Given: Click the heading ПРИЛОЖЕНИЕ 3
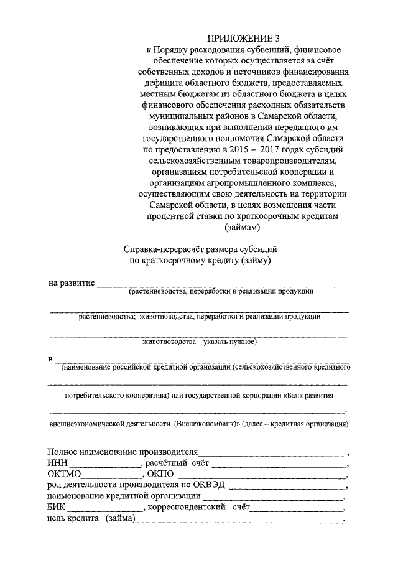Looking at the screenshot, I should point(243,38).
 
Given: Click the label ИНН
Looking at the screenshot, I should point(57,463).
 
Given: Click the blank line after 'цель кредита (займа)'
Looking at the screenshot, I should point(240,521).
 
